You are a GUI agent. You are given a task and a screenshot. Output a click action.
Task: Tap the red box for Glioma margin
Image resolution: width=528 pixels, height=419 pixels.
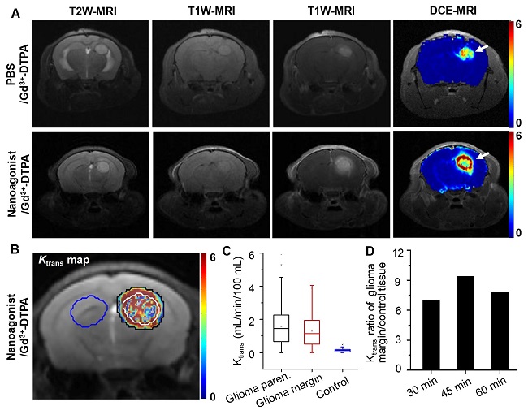click(x=310, y=332)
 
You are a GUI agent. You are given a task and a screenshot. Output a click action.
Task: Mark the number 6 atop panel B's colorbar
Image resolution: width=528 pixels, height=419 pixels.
click(x=214, y=257)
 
